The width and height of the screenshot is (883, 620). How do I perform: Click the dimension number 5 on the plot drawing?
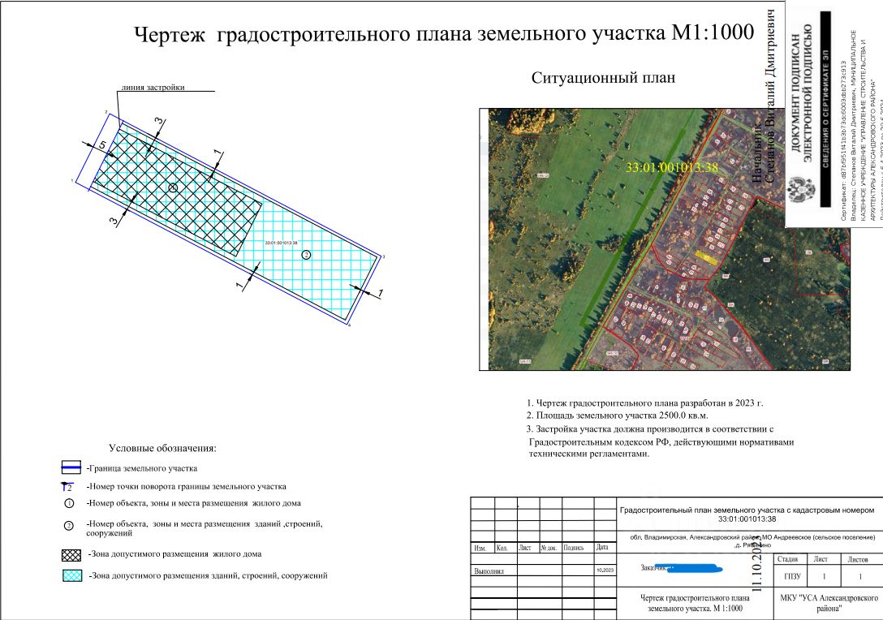[102, 145]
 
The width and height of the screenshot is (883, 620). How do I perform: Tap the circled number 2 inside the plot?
[306, 255]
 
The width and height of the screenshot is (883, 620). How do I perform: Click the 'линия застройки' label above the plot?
[153, 88]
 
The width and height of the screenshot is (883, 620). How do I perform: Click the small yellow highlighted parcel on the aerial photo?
[705, 256]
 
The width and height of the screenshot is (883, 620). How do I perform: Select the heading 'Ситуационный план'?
[603, 78]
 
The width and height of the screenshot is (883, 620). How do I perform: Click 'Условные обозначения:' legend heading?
[162, 447]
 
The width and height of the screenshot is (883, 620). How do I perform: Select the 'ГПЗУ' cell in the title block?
[792, 577]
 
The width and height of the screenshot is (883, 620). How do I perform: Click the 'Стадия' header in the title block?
[792, 559]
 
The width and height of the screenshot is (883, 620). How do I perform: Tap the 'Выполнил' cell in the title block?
[489, 571]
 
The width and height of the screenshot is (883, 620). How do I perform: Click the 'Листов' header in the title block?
[856, 559]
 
